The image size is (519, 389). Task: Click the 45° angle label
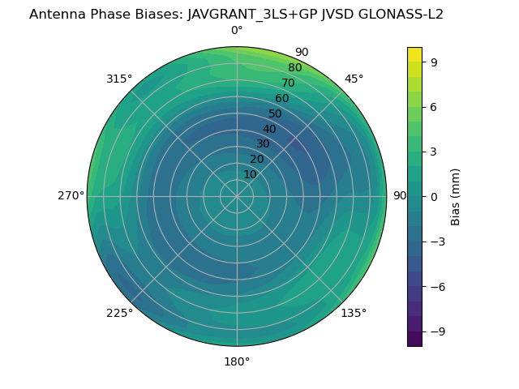click(x=354, y=79)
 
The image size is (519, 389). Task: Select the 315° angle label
click(x=118, y=79)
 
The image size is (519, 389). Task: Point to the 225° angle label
click(x=118, y=314)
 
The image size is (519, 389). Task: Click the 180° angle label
click(x=237, y=361)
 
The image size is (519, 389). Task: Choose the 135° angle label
click(x=354, y=314)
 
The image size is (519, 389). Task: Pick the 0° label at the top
click(x=237, y=31)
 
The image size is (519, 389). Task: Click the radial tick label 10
click(x=250, y=174)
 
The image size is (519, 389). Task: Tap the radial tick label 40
click(x=269, y=130)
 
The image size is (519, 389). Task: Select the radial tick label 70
click(x=288, y=83)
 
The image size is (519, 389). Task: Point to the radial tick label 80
click(x=294, y=68)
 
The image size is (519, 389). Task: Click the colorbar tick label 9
click(x=434, y=62)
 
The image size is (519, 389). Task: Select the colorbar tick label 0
click(x=434, y=196)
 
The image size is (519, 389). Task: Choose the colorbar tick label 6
click(x=434, y=107)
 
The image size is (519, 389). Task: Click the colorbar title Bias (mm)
click(x=456, y=196)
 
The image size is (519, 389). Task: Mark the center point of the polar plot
click(x=237, y=196)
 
